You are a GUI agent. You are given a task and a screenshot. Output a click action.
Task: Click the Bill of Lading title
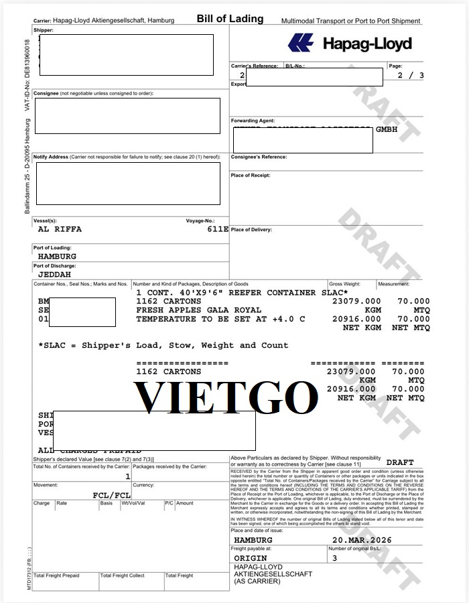point(230,19)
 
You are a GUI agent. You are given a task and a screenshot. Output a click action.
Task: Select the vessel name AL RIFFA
point(60,228)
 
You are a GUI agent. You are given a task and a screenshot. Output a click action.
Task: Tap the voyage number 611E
point(218,228)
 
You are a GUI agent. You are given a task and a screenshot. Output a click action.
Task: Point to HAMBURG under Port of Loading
point(57,256)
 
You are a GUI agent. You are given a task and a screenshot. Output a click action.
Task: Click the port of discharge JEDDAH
point(54,274)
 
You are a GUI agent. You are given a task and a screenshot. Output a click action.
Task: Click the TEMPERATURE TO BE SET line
point(220,319)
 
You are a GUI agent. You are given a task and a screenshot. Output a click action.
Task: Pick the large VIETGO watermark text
point(225,397)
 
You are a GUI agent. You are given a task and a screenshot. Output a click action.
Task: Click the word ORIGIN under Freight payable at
point(251,557)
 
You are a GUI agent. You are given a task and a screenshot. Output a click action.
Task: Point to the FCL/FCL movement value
point(111,495)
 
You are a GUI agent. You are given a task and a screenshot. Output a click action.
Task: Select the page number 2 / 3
point(411,75)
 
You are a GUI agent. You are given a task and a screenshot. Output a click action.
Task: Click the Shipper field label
point(44,30)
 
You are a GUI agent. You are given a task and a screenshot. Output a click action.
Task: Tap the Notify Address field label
point(51,157)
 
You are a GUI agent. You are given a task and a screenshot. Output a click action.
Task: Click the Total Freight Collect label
point(123,576)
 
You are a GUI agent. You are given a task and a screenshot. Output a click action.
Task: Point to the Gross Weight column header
point(344,284)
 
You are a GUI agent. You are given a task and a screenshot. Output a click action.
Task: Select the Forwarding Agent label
point(253,121)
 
